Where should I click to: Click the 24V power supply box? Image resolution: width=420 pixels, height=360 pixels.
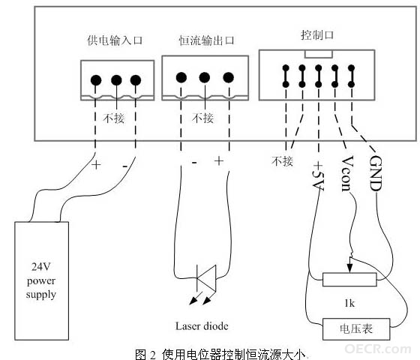pyautogui.click(x=42, y=280)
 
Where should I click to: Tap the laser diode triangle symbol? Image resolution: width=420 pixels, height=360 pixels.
pyautogui.click(x=206, y=278)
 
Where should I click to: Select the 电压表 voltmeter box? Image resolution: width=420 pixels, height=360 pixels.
pyautogui.click(x=356, y=329)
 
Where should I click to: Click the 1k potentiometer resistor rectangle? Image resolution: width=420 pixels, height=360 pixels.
pyautogui.click(x=349, y=280)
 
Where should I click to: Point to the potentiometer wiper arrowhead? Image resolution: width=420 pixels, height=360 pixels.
pyautogui.click(x=349, y=268)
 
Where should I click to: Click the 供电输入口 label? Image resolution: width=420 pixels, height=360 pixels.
pyautogui.click(x=115, y=40)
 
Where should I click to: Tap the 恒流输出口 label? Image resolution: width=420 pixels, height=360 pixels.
pyautogui.click(x=206, y=40)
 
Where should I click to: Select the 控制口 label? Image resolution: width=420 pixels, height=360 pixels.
pyautogui.click(x=317, y=35)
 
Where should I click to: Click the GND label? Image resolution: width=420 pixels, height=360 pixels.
pyautogui.click(x=375, y=173)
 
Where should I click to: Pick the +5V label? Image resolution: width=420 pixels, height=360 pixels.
pyautogui.click(x=319, y=175)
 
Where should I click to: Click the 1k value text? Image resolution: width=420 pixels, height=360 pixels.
pyautogui.click(x=349, y=303)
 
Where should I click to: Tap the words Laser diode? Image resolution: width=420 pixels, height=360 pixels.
pyautogui.click(x=202, y=326)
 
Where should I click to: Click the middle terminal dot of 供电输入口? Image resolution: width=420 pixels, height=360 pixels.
pyautogui.click(x=116, y=80)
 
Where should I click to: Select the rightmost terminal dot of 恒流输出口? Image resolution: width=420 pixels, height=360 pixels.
pyautogui.click(x=229, y=77)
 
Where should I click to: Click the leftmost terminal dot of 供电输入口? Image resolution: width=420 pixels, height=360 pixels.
pyautogui.click(x=96, y=80)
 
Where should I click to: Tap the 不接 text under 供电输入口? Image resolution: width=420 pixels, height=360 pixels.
pyautogui.click(x=114, y=118)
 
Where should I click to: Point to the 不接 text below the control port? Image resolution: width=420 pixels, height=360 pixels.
pyautogui.click(x=282, y=161)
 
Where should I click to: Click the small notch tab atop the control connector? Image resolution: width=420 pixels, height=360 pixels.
pyautogui.click(x=319, y=54)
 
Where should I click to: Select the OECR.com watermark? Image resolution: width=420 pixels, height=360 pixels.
pyautogui.click(x=378, y=349)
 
